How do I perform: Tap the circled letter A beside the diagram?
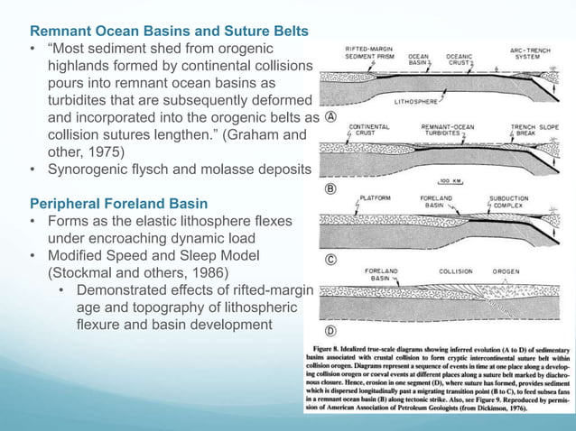[x=330, y=117]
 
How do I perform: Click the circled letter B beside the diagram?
[x=330, y=189]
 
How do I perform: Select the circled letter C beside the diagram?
[x=330, y=258]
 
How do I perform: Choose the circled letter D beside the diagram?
[x=330, y=332]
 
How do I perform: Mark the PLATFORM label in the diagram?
[x=375, y=199]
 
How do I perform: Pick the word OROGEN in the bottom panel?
[x=506, y=271]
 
